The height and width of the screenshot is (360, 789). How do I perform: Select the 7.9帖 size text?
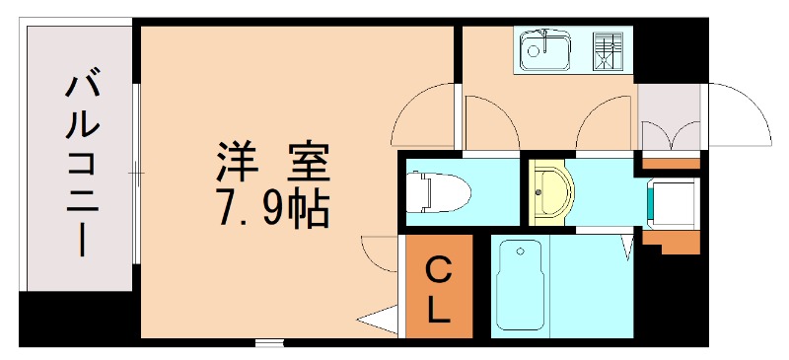(x=272, y=206)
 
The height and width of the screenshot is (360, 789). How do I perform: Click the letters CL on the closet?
(x=439, y=288)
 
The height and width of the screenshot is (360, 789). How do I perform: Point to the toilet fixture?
(x=440, y=189)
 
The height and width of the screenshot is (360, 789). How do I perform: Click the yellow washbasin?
(x=549, y=190)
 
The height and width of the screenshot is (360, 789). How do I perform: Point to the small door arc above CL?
(x=380, y=252)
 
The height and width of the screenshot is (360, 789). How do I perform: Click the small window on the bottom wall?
(x=267, y=343)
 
